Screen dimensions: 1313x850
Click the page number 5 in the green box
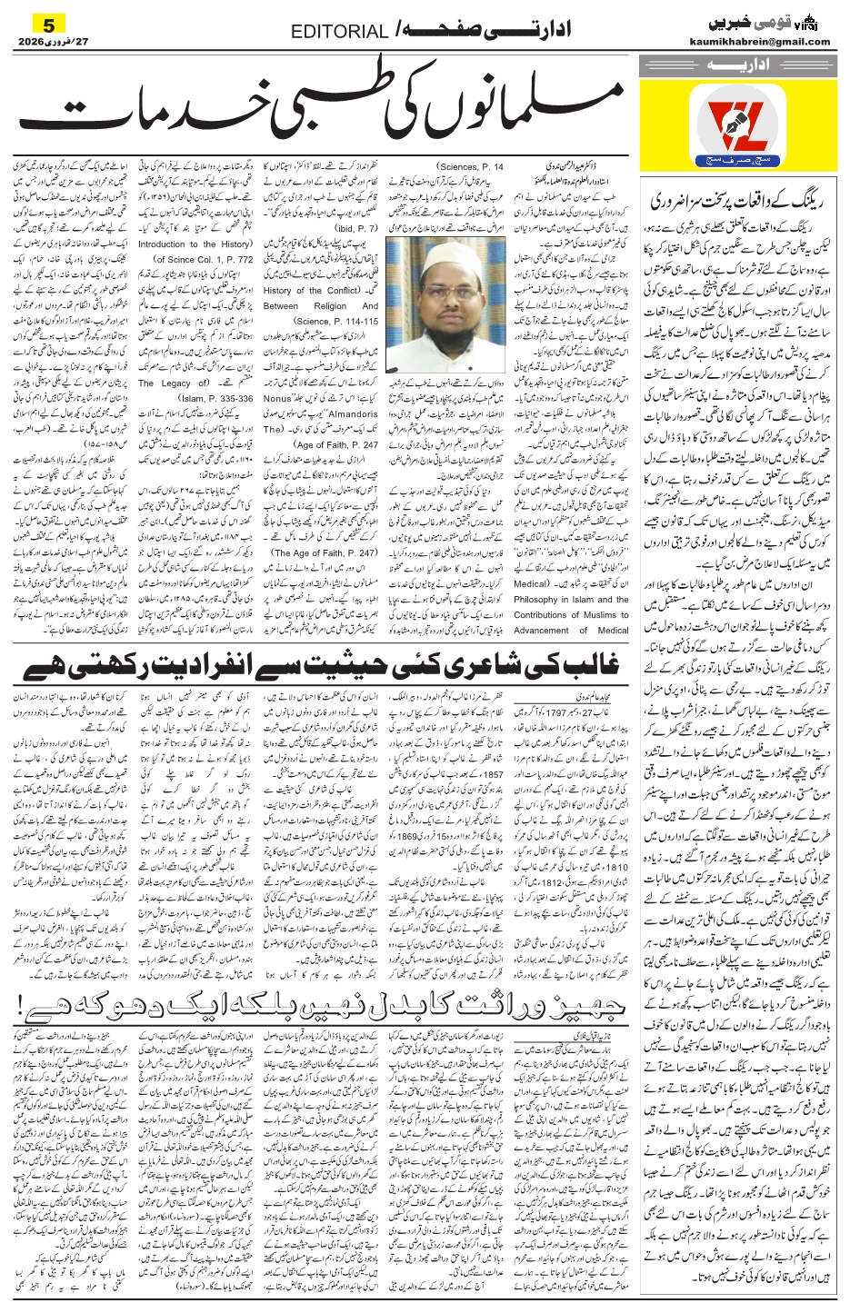50,22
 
